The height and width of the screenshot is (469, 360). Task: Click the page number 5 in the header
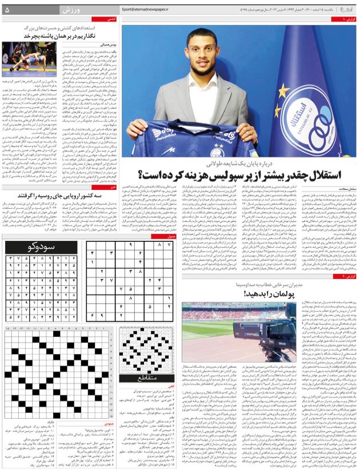pyautogui.click(x=7, y=10)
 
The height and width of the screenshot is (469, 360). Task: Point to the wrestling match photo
pyautogui.click(x=25, y=59)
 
